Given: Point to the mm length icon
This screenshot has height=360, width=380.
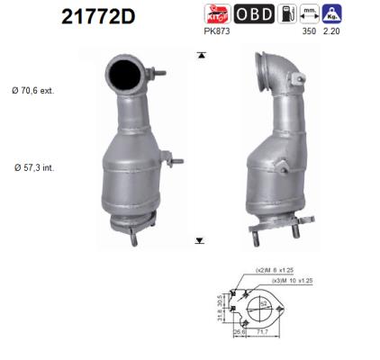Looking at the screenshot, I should [x=310, y=14].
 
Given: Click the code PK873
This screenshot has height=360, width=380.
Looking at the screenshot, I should [x=220, y=32].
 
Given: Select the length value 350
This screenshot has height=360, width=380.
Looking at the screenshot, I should [x=310, y=32].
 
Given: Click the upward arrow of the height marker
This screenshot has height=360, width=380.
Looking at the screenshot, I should [x=199, y=57].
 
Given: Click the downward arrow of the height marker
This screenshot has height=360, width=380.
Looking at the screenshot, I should [x=199, y=240].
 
